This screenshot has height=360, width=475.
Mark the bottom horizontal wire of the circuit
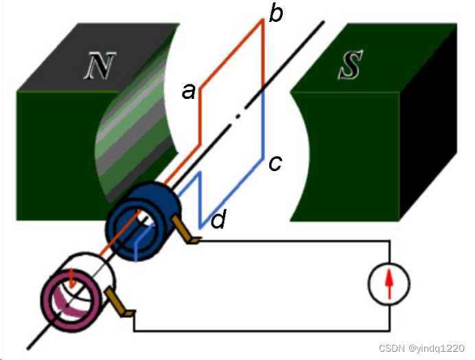pos(261,332)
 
